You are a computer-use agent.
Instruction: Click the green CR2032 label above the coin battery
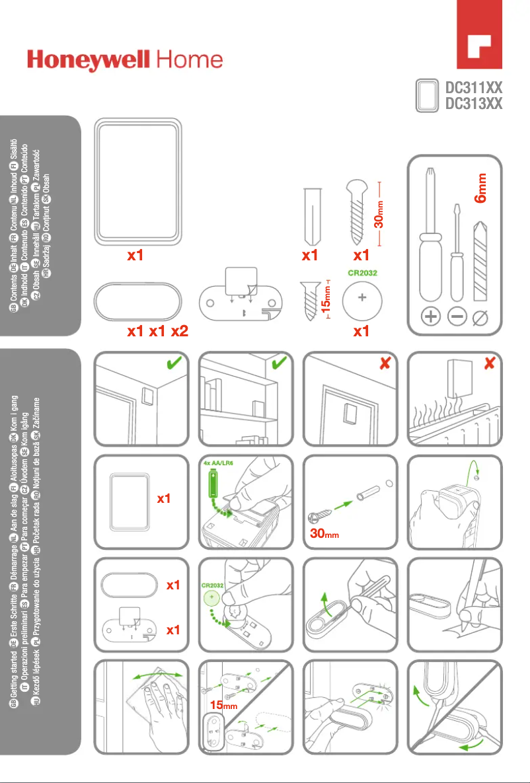point(363,270)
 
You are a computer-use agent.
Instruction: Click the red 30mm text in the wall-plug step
point(324,533)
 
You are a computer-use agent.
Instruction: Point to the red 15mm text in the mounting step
point(223,706)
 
